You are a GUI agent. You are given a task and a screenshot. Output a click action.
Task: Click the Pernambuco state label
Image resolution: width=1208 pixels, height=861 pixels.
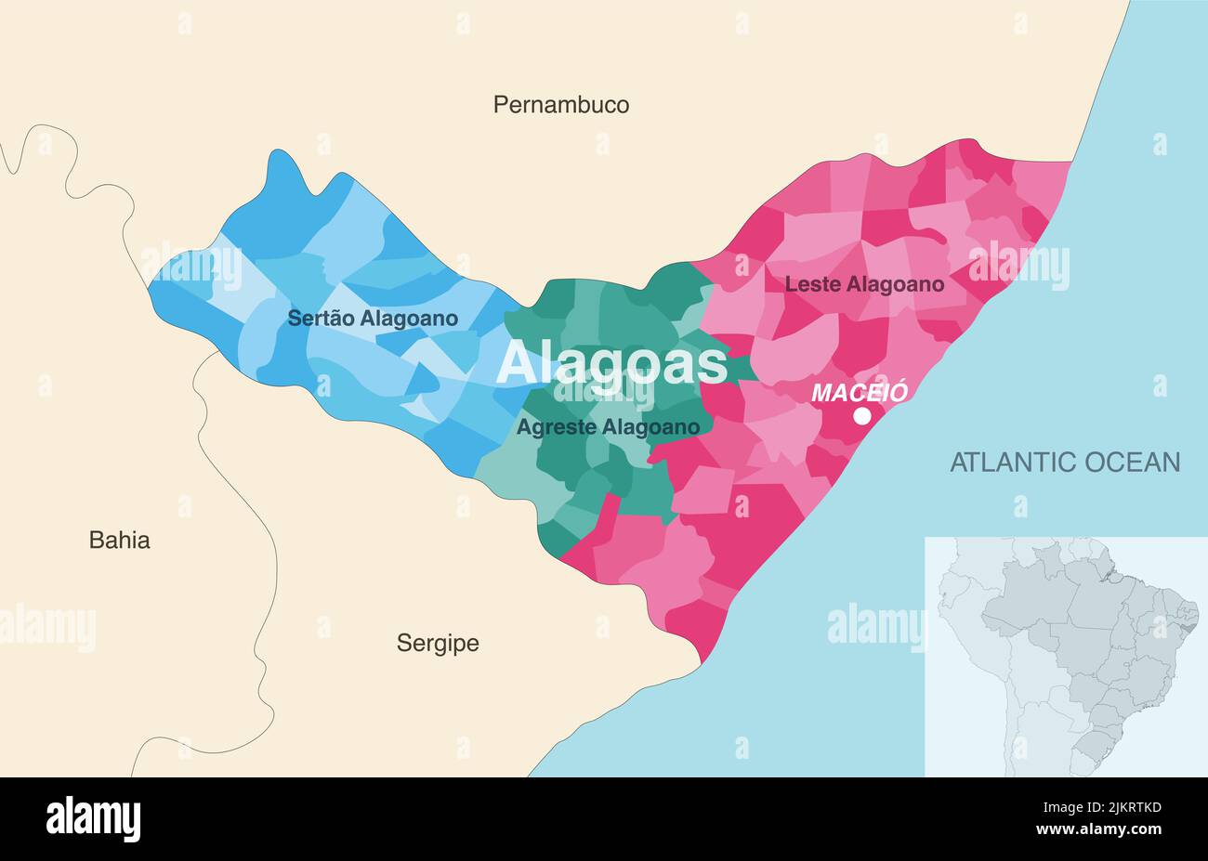click(560, 105)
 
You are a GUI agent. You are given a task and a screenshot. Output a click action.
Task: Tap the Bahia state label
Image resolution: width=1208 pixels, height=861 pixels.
click(119, 540)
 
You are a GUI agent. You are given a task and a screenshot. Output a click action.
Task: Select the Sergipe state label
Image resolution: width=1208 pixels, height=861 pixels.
click(438, 643)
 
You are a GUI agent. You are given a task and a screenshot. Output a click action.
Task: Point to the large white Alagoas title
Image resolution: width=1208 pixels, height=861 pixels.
click(611, 363)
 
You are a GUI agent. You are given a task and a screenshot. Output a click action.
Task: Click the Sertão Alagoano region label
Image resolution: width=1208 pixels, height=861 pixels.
click(373, 319)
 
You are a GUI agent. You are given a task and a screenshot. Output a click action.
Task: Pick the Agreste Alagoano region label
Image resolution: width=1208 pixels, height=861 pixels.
click(608, 427)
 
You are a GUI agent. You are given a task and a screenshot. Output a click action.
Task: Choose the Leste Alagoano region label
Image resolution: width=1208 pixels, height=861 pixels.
click(864, 284)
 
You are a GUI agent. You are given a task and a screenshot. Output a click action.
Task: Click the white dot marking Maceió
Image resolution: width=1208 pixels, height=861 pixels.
click(862, 415)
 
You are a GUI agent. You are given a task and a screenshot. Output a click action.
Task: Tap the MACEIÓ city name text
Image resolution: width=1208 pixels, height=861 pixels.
click(859, 392)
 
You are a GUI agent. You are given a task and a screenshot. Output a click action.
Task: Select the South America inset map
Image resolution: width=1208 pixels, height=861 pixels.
click(1066, 656)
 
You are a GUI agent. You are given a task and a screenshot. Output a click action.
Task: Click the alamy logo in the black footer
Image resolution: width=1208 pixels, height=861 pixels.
click(93, 819)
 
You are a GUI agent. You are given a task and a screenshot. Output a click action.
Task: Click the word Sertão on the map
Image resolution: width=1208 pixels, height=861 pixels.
click(321, 319)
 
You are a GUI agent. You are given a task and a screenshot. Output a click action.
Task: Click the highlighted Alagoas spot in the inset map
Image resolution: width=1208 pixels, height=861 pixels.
click(1192, 616)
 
